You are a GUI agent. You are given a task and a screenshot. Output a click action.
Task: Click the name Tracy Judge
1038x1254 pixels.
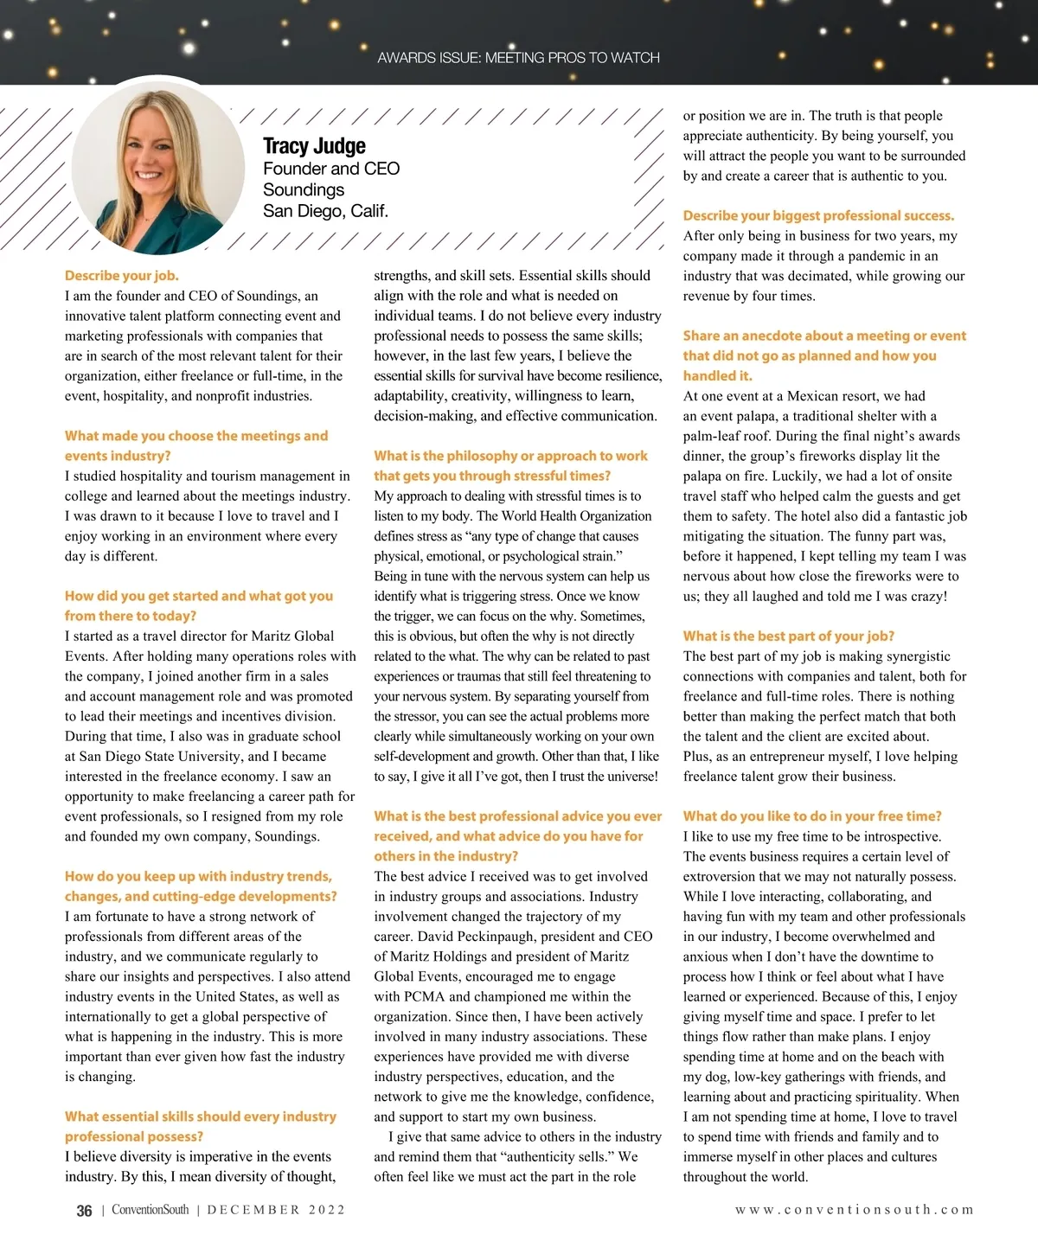click(x=314, y=146)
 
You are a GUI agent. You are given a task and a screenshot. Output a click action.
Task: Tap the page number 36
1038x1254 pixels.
click(x=84, y=1211)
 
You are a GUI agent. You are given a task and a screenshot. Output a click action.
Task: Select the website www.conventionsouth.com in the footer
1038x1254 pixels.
click(x=854, y=1210)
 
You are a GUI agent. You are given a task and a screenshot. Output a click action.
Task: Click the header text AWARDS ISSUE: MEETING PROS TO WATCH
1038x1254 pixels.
click(x=518, y=58)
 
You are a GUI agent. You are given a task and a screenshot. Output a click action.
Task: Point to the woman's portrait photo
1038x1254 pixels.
click(x=158, y=167)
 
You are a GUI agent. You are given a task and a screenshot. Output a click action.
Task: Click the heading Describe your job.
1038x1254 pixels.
click(x=122, y=276)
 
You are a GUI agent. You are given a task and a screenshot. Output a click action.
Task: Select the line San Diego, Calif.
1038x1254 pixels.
click(x=325, y=211)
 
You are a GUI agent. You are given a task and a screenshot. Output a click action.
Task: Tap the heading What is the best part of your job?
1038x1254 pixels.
click(x=788, y=636)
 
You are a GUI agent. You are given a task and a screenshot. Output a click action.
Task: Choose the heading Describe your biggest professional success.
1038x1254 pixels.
click(x=818, y=215)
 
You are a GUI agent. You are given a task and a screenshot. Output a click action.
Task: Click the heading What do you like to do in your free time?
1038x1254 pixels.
click(x=812, y=816)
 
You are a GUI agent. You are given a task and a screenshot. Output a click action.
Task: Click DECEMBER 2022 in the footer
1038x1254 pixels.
click(x=276, y=1210)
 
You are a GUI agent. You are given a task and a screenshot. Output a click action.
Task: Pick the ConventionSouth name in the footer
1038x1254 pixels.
click(x=150, y=1210)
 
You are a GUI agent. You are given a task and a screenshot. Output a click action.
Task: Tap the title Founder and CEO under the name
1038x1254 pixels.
click(x=331, y=169)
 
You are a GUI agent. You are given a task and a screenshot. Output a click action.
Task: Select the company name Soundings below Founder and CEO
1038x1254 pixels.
click(x=304, y=189)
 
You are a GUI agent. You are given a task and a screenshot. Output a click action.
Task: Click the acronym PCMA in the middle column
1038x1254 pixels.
click(x=422, y=996)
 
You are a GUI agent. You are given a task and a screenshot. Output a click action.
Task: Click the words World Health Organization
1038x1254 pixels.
click(x=574, y=516)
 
